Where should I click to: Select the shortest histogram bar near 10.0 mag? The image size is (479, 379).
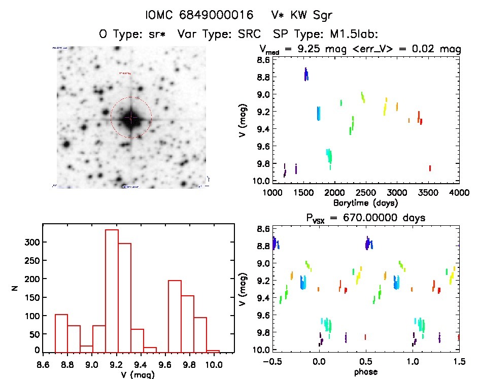pyautogui.click(x=213, y=351)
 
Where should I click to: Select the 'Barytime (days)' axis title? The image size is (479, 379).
pyautogui.click(x=365, y=203)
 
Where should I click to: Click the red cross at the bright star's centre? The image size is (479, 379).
pyautogui.click(x=131, y=118)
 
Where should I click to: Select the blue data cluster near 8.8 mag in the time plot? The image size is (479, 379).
pyautogui.click(x=306, y=75)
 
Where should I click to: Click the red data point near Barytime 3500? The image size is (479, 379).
pyautogui.click(x=430, y=168)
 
